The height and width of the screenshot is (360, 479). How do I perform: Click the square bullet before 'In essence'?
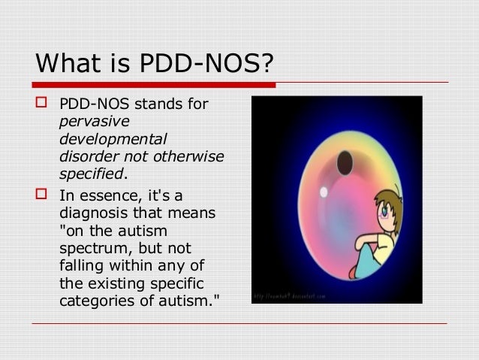point(42,196)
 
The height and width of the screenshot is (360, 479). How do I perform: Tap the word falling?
point(80,266)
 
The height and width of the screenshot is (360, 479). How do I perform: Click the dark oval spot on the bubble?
point(345,161)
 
